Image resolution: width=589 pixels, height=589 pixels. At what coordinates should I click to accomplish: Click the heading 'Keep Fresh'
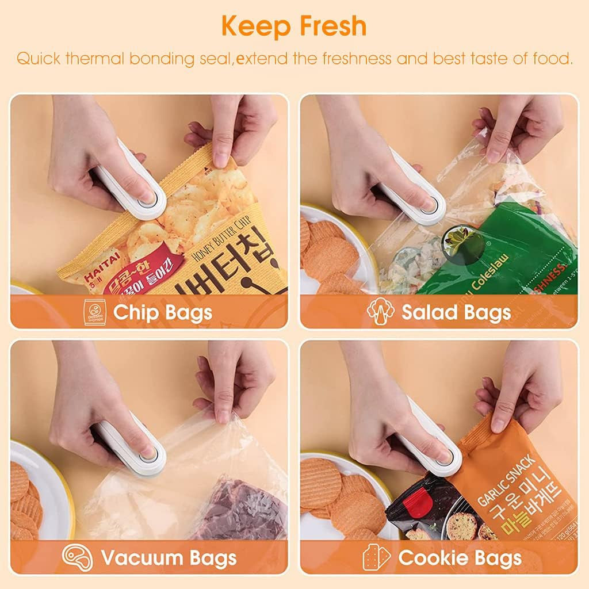(x=293, y=26)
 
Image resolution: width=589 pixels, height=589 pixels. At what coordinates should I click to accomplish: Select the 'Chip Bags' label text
(x=163, y=312)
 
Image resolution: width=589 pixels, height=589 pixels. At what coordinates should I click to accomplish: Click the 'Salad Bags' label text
(x=456, y=312)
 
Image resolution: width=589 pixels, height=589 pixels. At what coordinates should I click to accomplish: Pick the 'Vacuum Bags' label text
(x=169, y=557)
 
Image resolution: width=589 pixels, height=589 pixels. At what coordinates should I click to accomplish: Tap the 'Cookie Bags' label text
(x=460, y=557)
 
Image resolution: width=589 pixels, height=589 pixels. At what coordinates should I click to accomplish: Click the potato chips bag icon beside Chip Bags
(x=94, y=312)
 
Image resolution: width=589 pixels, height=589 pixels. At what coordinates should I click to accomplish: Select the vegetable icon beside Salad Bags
(x=379, y=312)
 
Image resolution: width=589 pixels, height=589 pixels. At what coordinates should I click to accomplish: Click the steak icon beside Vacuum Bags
(x=77, y=557)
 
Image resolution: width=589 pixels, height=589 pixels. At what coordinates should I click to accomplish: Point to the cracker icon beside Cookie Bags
(x=376, y=557)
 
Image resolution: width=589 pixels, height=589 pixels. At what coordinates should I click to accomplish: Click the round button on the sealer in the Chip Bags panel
(x=148, y=197)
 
